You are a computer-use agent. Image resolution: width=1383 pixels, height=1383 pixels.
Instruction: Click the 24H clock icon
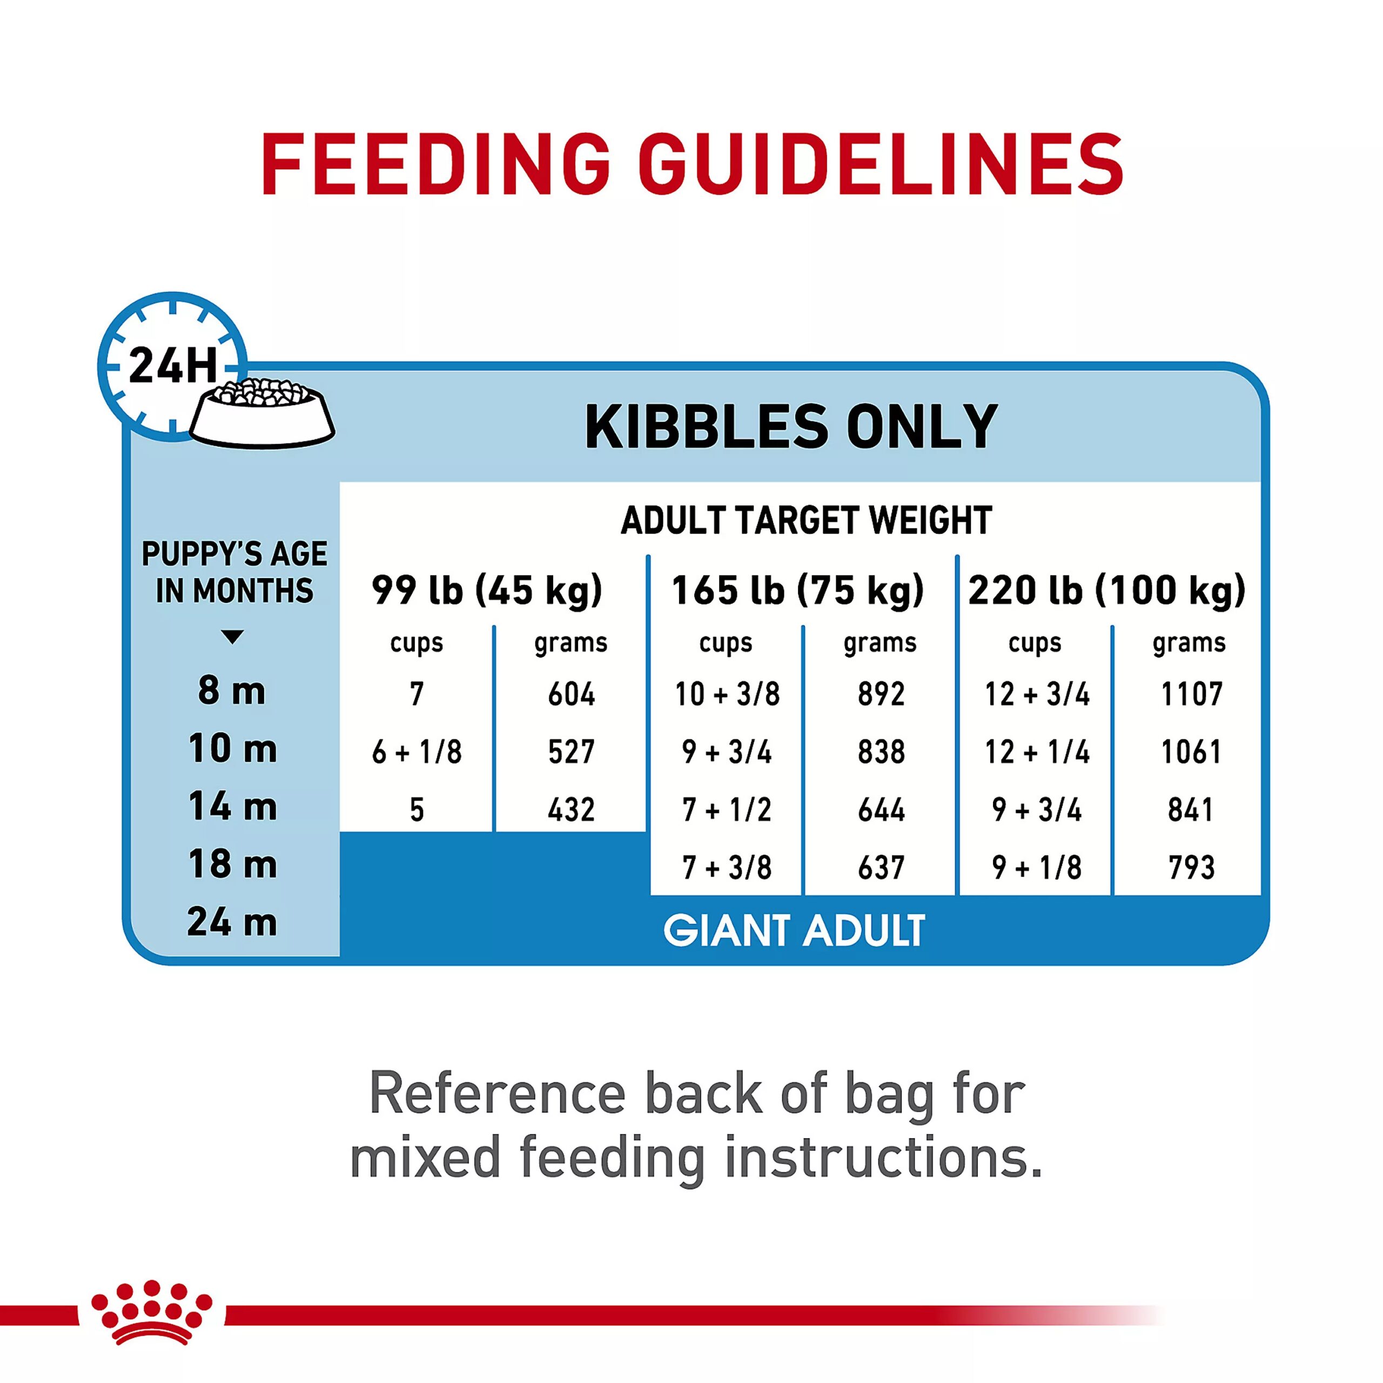coord(172,366)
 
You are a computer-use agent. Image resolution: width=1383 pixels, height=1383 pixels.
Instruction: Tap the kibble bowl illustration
coord(263,413)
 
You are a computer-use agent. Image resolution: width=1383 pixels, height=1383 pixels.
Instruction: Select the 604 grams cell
coord(571,694)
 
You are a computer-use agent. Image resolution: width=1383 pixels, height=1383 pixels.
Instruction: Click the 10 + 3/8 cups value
coord(727,694)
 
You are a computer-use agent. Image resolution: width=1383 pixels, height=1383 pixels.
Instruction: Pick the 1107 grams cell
coord(1192,694)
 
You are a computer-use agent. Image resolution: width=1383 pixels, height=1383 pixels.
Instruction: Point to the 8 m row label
coord(232,691)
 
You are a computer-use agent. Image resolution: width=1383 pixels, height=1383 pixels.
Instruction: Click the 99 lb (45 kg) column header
coord(487,590)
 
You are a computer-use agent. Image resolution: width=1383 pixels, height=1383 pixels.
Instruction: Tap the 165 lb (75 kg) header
coord(797,590)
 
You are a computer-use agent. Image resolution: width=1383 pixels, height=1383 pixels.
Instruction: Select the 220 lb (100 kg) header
coord(1107,590)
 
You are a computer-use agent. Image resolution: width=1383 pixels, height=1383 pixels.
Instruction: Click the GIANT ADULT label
coord(794,931)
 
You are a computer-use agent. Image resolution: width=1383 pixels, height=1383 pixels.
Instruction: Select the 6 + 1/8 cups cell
coord(417,751)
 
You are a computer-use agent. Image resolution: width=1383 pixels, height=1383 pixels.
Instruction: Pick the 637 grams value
coord(881,868)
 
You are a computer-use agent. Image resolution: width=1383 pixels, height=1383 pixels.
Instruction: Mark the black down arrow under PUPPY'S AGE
coord(232,636)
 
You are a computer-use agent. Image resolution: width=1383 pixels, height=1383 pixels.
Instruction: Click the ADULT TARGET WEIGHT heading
coord(806,520)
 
